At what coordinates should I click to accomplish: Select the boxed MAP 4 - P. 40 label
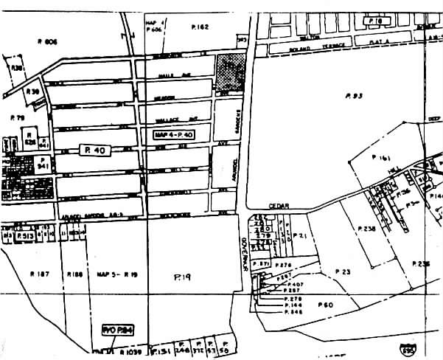(174, 134)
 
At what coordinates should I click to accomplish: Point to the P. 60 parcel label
(325, 304)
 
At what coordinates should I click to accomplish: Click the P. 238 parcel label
(366, 229)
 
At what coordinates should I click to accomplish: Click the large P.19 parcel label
(182, 277)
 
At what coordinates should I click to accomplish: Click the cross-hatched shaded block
(231, 72)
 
